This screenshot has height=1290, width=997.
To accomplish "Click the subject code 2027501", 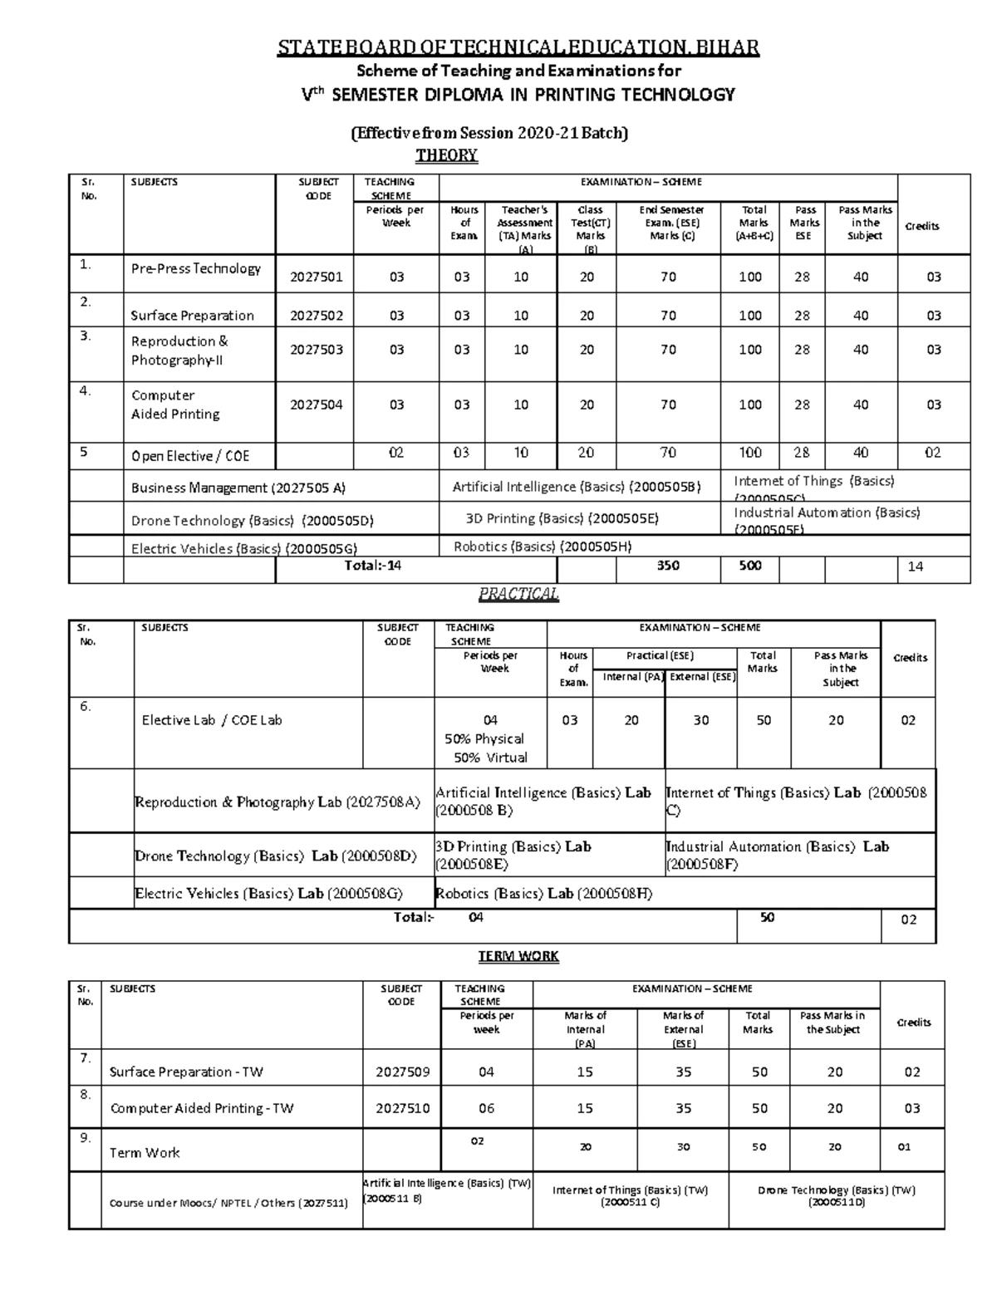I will tap(316, 277).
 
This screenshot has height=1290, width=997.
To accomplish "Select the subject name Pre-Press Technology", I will tap(196, 268).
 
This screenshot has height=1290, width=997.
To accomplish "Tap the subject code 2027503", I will tap(316, 350).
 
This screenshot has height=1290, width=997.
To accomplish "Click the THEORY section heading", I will tap(446, 155).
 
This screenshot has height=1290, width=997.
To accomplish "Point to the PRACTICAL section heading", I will tap(518, 594).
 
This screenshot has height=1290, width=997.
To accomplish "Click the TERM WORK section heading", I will tap(518, 956).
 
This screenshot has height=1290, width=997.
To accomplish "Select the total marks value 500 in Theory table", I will tap(750, 566).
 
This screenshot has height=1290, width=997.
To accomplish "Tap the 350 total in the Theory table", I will tap(668, 566).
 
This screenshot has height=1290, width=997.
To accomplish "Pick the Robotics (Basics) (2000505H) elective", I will tap(543, 547).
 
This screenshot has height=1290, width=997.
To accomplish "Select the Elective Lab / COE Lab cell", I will tap(212, 720).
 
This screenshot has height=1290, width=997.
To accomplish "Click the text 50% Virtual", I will tap(490, 758).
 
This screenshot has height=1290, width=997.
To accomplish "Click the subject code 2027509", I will tap(402, 1072).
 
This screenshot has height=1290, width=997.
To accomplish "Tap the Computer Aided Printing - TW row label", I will tap(202, 1108).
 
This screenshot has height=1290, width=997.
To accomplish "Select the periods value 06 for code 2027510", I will tap(486, 1108).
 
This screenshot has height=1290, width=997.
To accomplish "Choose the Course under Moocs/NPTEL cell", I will tap(228, 1203).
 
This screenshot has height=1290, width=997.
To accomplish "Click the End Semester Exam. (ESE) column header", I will tap(671, 223).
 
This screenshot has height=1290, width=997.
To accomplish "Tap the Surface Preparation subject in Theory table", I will tap(192, 316).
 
